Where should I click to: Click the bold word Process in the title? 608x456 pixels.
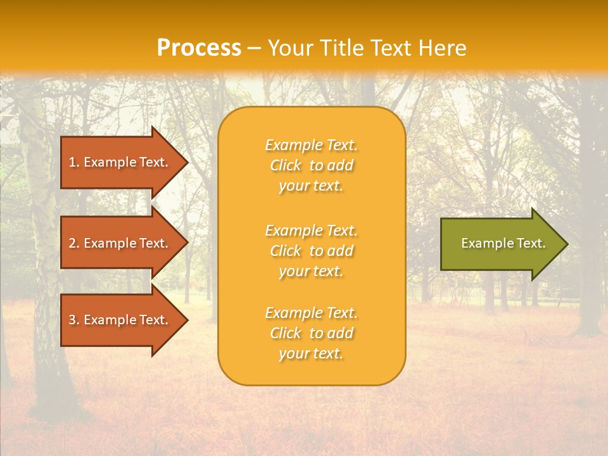pos(199,48)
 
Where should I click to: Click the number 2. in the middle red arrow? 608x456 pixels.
pos(74,243)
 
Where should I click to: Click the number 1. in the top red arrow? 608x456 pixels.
pos(74,162)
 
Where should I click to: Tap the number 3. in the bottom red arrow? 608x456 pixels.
pos(74,320)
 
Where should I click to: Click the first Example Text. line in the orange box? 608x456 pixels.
pos(311,145)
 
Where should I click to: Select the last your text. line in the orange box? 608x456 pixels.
pos(311,353)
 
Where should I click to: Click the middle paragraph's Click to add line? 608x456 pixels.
pos(311,251)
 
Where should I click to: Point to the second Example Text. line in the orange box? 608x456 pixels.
pos(311,230)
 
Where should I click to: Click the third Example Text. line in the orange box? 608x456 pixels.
pos(311,313)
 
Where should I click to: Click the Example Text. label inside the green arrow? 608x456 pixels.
pos(503,243)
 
